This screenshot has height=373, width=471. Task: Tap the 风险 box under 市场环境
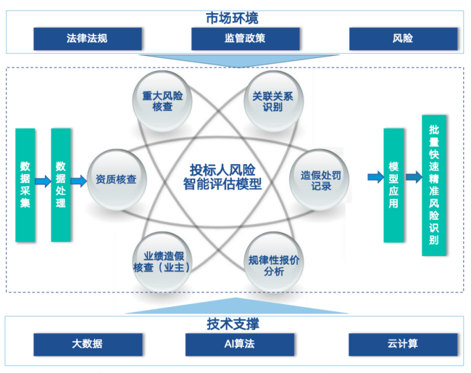click(x=403, y=38)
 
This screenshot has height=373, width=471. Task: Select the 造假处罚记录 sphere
click(x=316, y=179)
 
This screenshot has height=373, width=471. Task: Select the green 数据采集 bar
click(x=25, y=184)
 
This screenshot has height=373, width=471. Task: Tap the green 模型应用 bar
click(x=393, y=185)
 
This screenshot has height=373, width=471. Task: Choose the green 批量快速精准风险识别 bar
click(x=433, y=184)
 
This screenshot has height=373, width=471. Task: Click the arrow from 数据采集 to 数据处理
click(x=43, y=180)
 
